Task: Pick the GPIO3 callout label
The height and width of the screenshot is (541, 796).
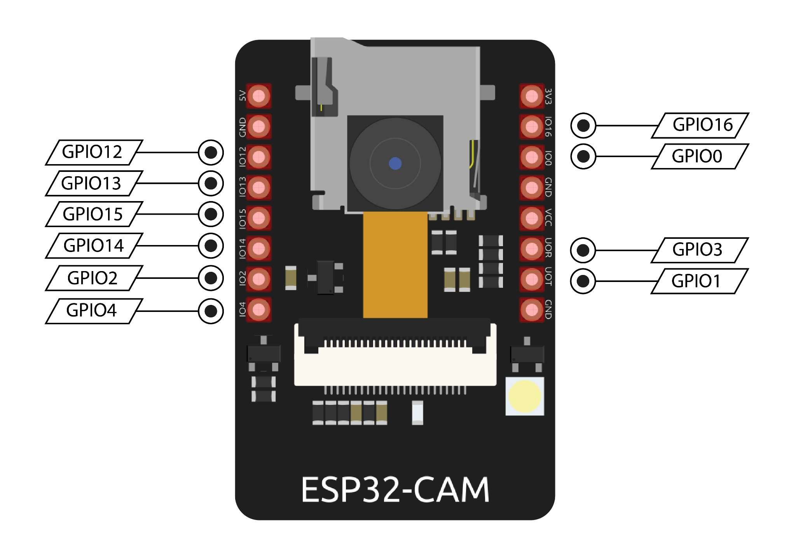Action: [x=700, y=250]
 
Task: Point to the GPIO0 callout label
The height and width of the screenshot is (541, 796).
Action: [x=700, y=156]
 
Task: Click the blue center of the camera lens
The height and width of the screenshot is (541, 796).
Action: [x=395, y=163]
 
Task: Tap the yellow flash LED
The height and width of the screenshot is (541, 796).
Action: [x=525, y=396]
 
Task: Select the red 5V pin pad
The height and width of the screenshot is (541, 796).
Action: [x=259, y=96]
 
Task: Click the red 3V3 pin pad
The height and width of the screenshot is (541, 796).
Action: [x=532, y=96]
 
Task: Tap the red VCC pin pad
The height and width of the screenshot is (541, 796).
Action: [x=532, y=218]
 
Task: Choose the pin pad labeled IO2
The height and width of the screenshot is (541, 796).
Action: [x=259, y=279]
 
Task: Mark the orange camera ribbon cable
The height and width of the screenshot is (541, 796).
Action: [x=395, y=265]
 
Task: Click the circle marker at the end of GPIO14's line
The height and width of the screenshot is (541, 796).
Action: [x=211, y=246]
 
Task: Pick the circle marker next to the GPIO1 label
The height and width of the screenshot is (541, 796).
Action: [x=583, y=281]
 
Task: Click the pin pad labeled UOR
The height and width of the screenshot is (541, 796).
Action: [x=532, y=249]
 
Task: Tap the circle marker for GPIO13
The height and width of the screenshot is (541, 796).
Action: [x=211, y=183]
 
